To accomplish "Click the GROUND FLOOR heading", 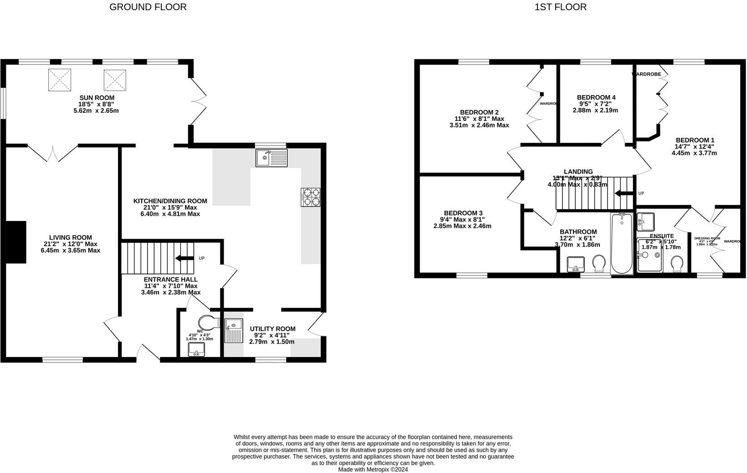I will pyautogui.click(x=148, y=7).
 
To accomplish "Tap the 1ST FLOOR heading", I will pyautogui.click(x=560, y=7).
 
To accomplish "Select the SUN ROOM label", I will pyautogui.click(x=97, y=98).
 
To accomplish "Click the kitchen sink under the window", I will pyautogui.click(x=271, y=158).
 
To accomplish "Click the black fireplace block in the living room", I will pyautogui.click(x=16, y=242).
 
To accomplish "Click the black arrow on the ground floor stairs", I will pyautogui.click(x=184, y=258).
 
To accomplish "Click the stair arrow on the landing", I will pyautogui.click(x=624, y=193).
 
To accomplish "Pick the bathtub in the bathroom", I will pyautogui.click(x=621, y=243).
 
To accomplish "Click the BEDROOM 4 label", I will pyautogui.click(x=596, y=97).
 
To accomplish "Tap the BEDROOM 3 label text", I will pyautogui.click(x=463, y=213).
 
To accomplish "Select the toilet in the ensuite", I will pyautogui.click(x=677, y=263).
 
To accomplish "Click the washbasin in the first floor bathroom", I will pyautogui.click(x=576, y=264).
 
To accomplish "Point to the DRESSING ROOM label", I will pyautogui.click(x=707, y=238).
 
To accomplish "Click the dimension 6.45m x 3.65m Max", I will pyautogui.click(x=70, y=250).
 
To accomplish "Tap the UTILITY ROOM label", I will pyautogui.click(x=272, y=329).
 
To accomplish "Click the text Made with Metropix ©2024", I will pyautogui.click(x=373, y=469).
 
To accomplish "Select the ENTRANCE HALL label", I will pyautogui.click(x=170, y=279).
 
